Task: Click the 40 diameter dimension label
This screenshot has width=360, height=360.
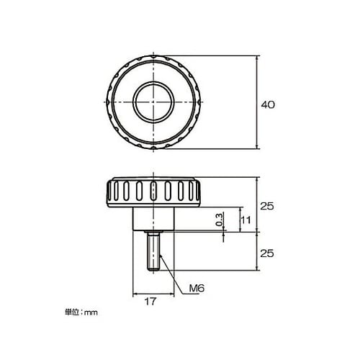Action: point(267,104)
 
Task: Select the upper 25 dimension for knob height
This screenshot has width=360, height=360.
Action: point(267,206)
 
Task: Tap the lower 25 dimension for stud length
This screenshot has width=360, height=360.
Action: point(267,253)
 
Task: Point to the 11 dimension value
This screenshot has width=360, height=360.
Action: point(246,220)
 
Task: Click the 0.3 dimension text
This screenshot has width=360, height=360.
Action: point(219,219)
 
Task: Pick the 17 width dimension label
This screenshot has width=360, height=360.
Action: point(150,303)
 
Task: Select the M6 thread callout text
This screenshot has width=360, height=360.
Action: point(197,289)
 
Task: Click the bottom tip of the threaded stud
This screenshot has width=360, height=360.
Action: point(153,270)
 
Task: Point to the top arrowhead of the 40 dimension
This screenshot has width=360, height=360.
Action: point(258,58)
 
